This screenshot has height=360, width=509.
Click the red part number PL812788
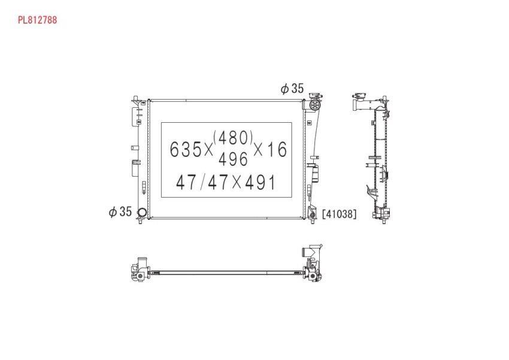pyautogui.click(x=37, y=20)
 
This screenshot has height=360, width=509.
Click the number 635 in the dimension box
pyautogui.click(x=186, y=150)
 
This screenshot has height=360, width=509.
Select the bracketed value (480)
pyautogui.click(x=233, y=138)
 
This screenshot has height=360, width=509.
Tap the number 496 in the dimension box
pyautogui.click(x=233, y=159)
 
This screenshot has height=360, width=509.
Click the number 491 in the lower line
pyautogui.click(x=260, y=182)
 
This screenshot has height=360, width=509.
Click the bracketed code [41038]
pyautogui.click(x=339, y=214)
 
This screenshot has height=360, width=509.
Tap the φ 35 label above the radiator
pyautogui.click(x=292, y=88)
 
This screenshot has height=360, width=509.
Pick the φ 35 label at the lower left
pyautogui.click(x=120, y=212)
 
